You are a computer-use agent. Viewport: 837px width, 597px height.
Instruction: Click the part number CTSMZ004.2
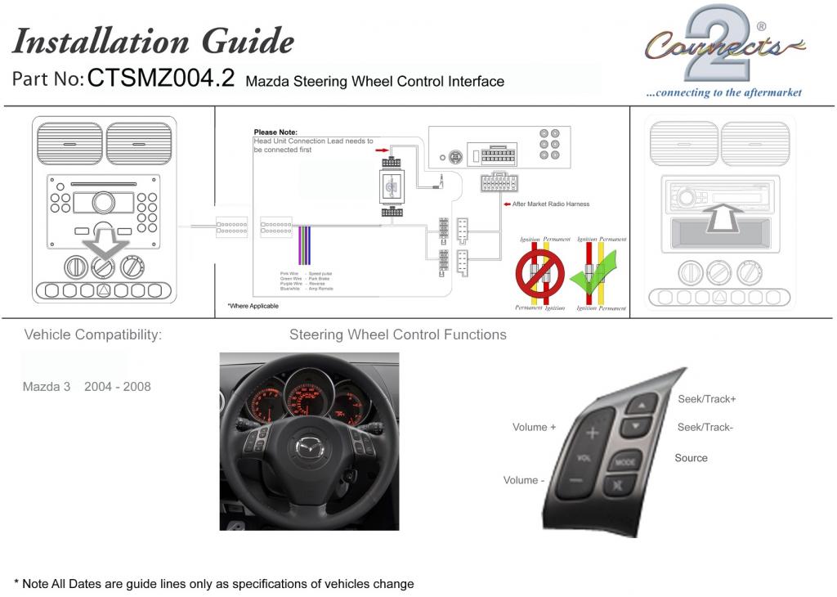tap(161, 79)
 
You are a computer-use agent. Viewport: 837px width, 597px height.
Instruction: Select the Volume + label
tap(534, 427)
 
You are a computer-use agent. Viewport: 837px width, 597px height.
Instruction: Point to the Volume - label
tap(524, 480)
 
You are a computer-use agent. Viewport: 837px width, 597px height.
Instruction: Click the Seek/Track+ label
tap(707, 399)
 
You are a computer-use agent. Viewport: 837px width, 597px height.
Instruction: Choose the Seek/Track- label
tap(705, 427)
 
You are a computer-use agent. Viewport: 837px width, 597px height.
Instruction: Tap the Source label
tap(691, 458)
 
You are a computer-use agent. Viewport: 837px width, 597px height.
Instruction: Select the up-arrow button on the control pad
tap(642, 405)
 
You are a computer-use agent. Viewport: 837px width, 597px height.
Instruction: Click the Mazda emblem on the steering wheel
tap(308, 447)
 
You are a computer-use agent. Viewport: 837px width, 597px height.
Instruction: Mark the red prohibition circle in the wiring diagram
tap(539, 274)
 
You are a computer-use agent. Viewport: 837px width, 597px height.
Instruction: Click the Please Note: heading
tap(275, 132)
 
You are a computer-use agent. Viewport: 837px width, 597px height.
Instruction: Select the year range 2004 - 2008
tap(118, 386)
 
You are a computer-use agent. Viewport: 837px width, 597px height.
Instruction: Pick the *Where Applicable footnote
tap(253, 306)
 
